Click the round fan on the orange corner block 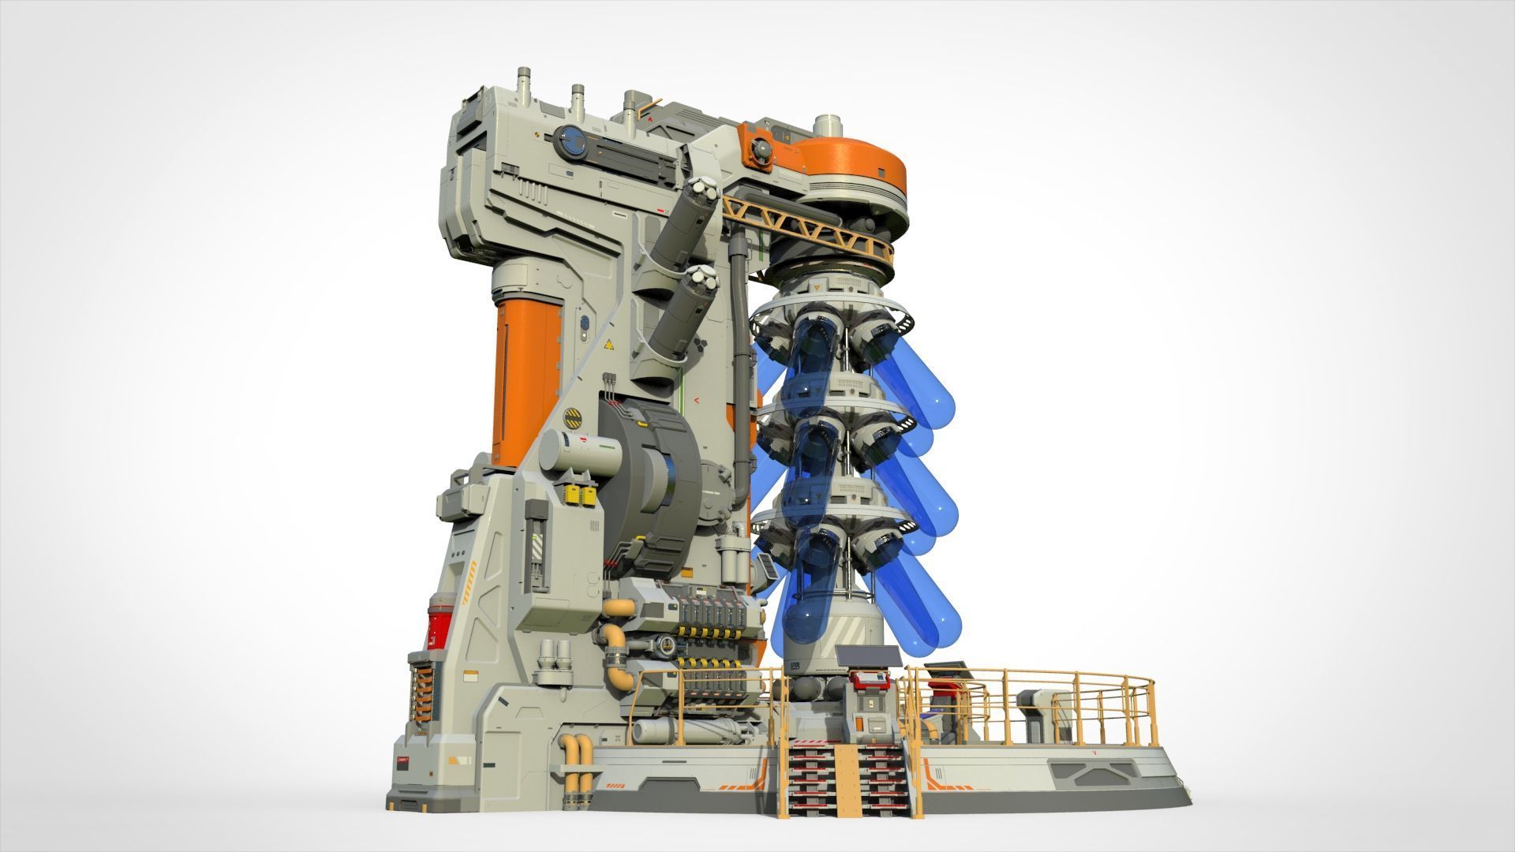click(x=761, y=151)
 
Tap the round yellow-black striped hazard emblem click(x=575, y=416)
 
